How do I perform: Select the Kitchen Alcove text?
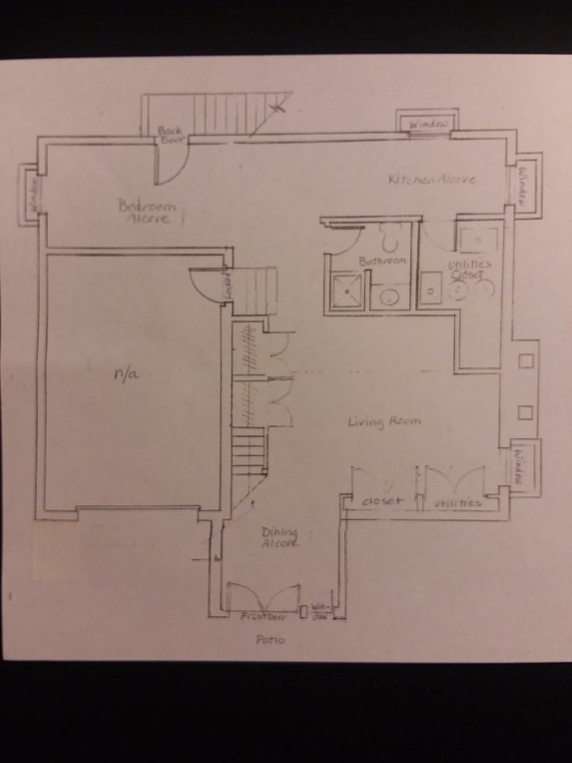click(432, 180)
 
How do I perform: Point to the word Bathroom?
click(382, 261)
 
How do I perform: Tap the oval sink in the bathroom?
click(388, 297)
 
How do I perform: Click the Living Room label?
click(384, 421)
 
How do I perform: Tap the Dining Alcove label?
click(280, 537)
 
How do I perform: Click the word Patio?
click(269, 639)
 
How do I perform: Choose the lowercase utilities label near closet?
click(458, 503)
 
